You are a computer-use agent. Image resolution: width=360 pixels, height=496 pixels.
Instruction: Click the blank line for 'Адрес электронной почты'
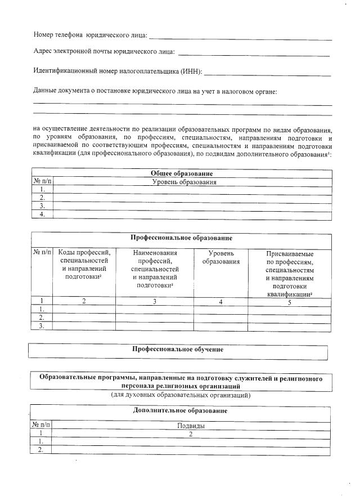click(x=253, y=53)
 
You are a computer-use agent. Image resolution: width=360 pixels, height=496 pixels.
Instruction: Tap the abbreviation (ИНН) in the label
click(x=191, y=72)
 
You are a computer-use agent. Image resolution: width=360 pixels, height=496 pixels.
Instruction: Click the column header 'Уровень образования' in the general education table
click(x=184, y=182)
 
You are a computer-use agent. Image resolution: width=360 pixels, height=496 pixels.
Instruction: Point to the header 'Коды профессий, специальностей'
click(x=84, y=265)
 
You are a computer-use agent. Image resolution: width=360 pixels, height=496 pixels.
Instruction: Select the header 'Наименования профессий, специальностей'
click(x=155, y=269)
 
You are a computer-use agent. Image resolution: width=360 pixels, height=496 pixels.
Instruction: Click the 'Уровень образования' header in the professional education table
click(x=220, y=258)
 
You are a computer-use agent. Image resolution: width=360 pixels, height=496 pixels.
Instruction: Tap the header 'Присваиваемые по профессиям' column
click(x=289, y=274)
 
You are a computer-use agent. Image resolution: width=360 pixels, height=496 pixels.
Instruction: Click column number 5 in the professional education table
click(x=289, y=302)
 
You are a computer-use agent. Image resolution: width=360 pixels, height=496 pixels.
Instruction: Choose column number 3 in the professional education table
click(x=155, y=302)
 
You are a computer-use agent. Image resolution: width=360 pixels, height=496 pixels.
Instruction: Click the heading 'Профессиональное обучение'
click(x=178, y=349)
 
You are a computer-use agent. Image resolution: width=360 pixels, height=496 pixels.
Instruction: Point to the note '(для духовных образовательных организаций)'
click(x=180, y=396)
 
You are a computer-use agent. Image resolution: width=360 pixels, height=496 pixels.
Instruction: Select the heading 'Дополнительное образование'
click(x=180, y=410)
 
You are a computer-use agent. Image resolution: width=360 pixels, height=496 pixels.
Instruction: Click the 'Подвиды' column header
click(x=191, y=426)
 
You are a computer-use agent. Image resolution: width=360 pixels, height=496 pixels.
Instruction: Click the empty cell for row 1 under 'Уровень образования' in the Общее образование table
click(x=191, y=190)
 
